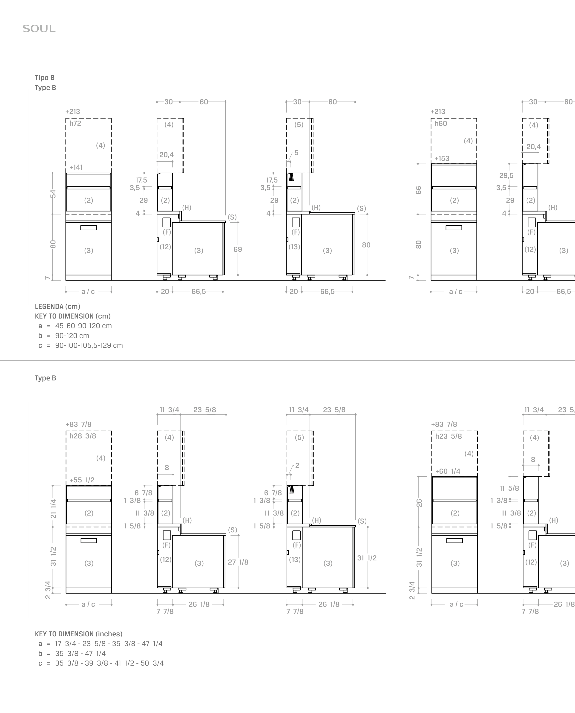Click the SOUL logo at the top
pos(39,29)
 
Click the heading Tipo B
pos(45,78)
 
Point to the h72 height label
pos(75,123)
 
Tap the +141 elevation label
pos(76,167)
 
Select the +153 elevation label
pos(442,158)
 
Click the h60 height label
pos(441,124)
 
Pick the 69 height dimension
pos(238,249)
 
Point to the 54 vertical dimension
pos(53,194)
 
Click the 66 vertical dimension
pos(419,190)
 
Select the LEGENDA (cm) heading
pos(58,306)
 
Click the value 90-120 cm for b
pos(72,336)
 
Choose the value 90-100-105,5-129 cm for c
pos(89,345)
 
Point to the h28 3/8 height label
pos(83,436)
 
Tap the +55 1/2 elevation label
pos(82,480)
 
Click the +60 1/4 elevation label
pos(448,471)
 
